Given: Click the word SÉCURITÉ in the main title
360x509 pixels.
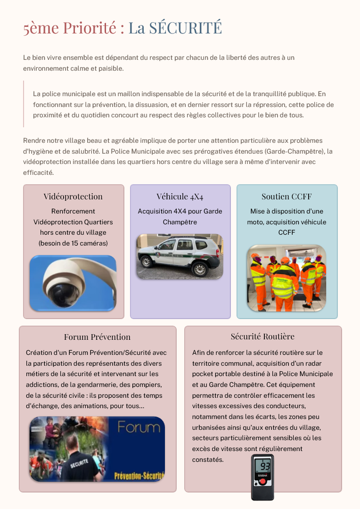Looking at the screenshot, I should pyautogui.click(x=185, y=28).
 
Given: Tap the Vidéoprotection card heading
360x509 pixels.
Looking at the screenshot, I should pyautogui.click(x=73, y=197).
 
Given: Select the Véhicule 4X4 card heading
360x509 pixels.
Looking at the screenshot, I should pyautogui.click(x=180, y=197).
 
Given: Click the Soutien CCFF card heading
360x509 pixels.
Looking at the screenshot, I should pyautogui.click(x=286, y=197).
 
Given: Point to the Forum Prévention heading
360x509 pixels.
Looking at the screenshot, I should pyautogui.click(x=97, y=337).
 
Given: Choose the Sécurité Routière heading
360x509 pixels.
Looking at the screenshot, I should pyautogui.click(x=262, y=337).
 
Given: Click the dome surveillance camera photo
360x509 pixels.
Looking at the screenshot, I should pyautogui.click(x=73, y=283).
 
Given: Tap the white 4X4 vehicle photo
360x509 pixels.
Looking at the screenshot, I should pyautogui.click(x=180, y=256).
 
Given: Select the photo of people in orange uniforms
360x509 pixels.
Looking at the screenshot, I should pyautogui.click(x=286, y=278).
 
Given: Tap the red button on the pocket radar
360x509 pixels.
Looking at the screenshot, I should pyautogui.click(x=262, y=483).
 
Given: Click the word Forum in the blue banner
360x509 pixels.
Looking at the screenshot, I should pyautogui.click(x=139, y=428).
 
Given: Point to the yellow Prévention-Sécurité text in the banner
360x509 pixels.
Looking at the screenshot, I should pyautogui.click(x=139, y=476).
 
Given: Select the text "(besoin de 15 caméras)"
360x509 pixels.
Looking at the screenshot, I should pyautogui.click(x=73, y=243).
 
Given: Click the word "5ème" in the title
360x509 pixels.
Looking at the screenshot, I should pyautogui.click(x=39, y=28).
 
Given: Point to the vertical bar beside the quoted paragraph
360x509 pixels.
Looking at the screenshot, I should pyautogui.click(x=24, y=104).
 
